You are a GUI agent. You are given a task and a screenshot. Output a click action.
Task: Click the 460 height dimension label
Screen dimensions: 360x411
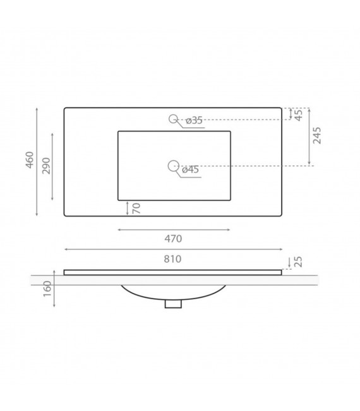[29, 160]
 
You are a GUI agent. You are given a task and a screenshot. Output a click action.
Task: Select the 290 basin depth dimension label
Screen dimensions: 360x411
[46, 165]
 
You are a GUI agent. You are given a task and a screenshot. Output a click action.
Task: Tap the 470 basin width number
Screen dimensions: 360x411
[173, 239]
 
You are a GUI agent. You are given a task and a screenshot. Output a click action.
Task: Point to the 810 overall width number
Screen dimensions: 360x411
[172, 259]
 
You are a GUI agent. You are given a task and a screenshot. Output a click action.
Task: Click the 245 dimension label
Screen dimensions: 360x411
[317, 135]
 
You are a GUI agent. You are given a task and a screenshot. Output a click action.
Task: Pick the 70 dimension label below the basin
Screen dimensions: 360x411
[136, 208]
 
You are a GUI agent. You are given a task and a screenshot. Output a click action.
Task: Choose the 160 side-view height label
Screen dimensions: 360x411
[47, 289]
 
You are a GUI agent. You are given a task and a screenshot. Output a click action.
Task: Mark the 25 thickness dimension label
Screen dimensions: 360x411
[298, 261]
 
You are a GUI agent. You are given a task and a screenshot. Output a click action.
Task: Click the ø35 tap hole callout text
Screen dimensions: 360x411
[194, 121]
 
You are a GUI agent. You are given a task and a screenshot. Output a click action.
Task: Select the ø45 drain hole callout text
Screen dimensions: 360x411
[190, 170]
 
